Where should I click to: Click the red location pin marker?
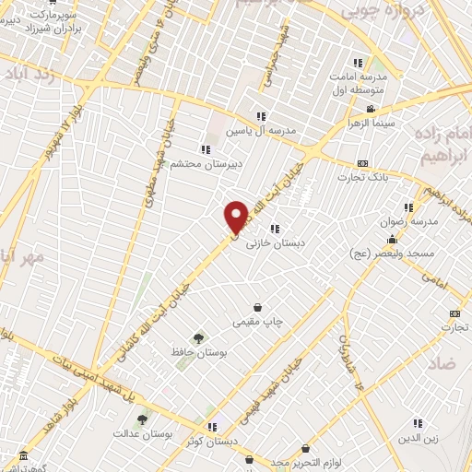237,217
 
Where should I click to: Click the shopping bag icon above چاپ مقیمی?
257,307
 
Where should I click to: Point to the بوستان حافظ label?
203,352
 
